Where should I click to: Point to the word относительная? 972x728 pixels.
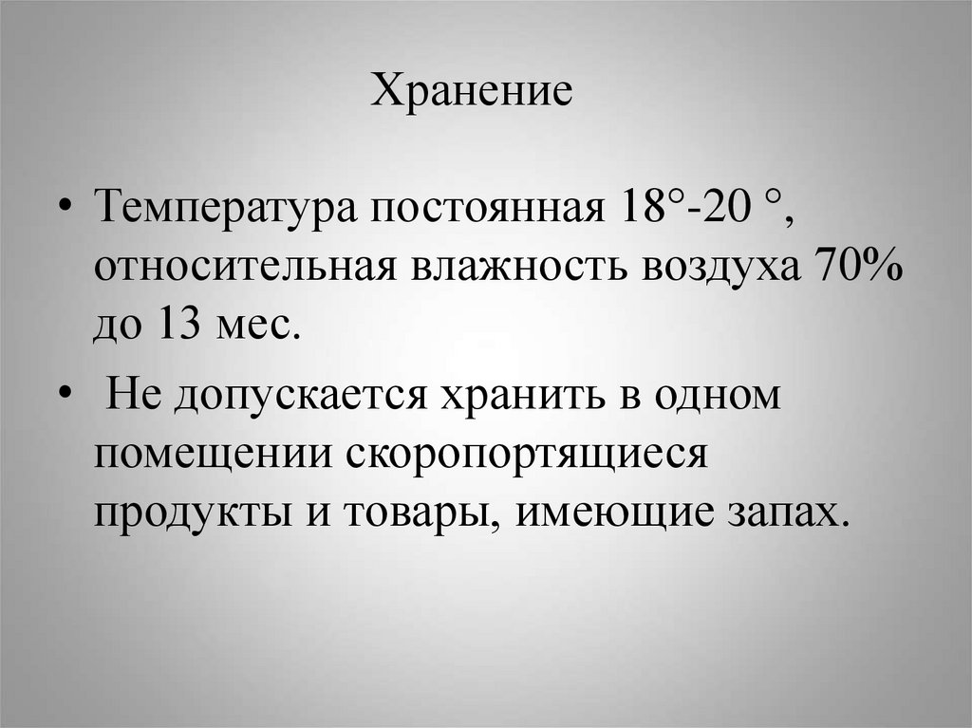click(x=244, y=267)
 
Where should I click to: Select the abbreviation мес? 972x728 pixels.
click(x=254, y=328)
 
